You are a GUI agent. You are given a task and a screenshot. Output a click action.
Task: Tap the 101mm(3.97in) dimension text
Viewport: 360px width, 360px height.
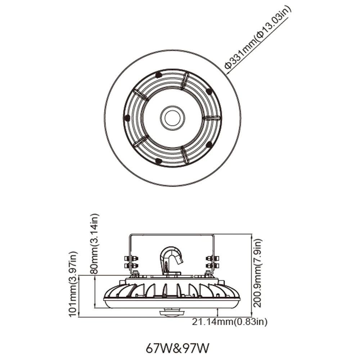coord(73,284)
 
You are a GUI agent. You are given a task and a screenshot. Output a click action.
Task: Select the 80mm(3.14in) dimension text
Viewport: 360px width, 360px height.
coord(94,244)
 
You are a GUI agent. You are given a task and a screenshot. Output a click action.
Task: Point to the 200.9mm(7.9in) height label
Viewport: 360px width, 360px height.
coord(257,273)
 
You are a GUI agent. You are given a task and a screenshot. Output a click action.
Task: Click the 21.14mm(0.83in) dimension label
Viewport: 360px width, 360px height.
coord(230,322)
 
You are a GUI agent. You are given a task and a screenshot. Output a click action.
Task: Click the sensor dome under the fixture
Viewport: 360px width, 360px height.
coord(172,313)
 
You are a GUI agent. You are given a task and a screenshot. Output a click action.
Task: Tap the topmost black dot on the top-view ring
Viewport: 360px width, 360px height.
coord(158,75)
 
